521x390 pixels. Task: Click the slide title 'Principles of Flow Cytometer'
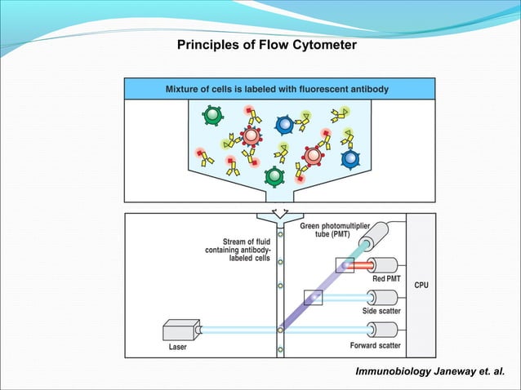click(x=266, y=45)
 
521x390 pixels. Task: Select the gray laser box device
click(x=180, y=330)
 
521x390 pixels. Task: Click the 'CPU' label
click(x=421, y=286)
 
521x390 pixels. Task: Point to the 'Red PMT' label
click(x=385, y=279)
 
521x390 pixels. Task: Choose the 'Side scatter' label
click(x=381, y=312)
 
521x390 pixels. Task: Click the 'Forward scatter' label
click(x=376, y=345)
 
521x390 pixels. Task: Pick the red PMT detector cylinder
click(x=383, y=265)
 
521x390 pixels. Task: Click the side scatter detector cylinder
click(x=383, y=298)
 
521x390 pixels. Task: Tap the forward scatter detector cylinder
click(x=383, y=330)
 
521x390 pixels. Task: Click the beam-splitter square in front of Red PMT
click(x=344, y=265)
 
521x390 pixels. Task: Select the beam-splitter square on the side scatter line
click(x=312, y=298)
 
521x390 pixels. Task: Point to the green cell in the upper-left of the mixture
click(x=212, y=115)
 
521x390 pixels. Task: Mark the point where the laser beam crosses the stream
click(x=280, y=330)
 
